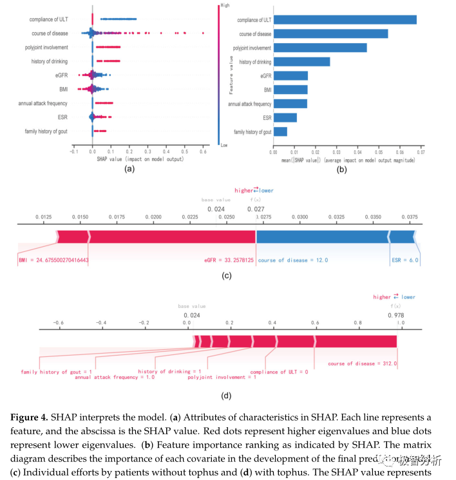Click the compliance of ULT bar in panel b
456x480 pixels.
click(345, 19)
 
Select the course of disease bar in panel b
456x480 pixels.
click(330, 34)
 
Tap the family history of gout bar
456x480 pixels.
click(280, 131)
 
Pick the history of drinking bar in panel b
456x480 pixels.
click(301, 62)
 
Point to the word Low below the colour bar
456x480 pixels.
click(224, 146)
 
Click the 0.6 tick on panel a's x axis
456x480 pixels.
click(203, 151)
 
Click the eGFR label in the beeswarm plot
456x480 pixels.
click(61, 75)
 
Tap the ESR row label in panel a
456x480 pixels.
click(62, 117)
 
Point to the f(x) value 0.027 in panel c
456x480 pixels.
click(256, 209)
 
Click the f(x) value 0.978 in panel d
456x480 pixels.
click(395, 314)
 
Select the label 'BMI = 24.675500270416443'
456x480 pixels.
click(54, 260)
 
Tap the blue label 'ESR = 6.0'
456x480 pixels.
click(405, 260)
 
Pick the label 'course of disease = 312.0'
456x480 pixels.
click(362, 364)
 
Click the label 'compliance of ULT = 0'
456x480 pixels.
click(279, 372)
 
